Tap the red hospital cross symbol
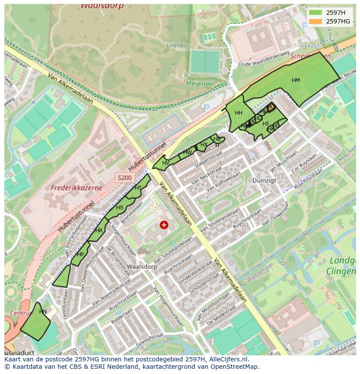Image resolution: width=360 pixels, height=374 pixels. [164, 225]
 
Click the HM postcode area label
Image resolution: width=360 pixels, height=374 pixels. [296, 80]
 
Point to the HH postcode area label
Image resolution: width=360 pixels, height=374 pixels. [238, 113]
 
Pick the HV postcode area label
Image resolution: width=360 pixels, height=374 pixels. [166, 163]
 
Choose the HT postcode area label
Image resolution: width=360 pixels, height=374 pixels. [138, 188]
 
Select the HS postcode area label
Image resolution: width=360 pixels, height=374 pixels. [120, 208]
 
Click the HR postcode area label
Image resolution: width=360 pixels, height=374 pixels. [99, 231]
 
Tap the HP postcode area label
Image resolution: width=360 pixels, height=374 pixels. [80, 255]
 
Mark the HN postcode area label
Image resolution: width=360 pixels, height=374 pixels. [43, 311]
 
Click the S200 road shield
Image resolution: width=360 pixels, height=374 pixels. [124, 177]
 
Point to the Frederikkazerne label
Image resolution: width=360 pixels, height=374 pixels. [77, 188]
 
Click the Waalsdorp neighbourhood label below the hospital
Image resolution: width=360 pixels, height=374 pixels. [142, 267]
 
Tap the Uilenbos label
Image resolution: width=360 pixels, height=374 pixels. [178, 45]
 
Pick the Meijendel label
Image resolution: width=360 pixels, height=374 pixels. [200, 83]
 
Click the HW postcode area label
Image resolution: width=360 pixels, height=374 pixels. [187, 152]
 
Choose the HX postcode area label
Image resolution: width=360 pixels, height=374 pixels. [203, 145]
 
